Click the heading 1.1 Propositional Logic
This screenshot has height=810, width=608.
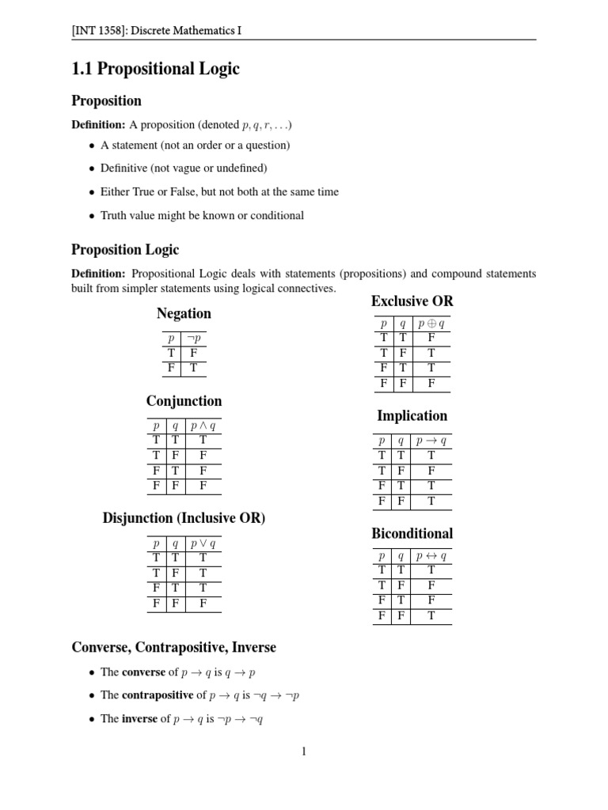click(x=155, y=69)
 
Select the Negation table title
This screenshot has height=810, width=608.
click(x=184, y=313)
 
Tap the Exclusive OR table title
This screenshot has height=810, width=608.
click(x=412, y=301)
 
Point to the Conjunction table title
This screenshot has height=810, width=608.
click(x=184, y=401)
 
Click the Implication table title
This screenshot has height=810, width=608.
click(x=412, y=416)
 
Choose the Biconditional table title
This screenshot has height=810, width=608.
click(x=412, y=533)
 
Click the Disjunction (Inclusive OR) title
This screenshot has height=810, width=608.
click(x=184, y=518)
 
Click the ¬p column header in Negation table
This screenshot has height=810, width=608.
click(x=193, y=338)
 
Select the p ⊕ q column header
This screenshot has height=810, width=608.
click(x=431, y=324)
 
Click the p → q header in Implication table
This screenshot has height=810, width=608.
click(x=431, y=441)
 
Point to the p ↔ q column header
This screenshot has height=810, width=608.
click(x=431, y=556)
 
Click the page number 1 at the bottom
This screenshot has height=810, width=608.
click(x=304, y=751)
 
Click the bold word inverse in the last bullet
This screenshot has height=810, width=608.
click(x=139, y=719)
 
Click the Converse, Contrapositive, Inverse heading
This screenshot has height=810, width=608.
click(x=173, y=647)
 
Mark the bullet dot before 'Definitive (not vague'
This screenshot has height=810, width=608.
click(x=92, y=168)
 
